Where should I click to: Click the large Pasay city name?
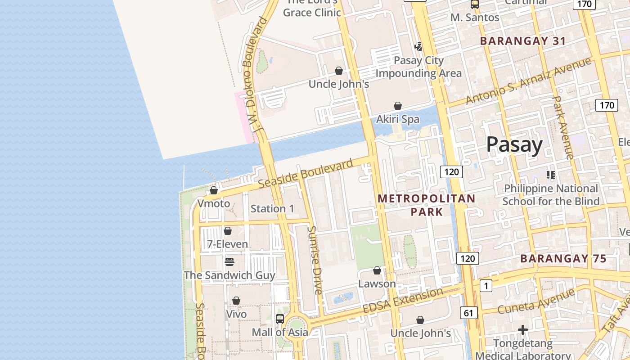pyautogui.click(x=514, y=145)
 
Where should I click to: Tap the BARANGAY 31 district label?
pyautogui.click(x=523, y=41)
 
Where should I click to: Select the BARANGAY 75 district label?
pyautogui.click(x=563, y=259)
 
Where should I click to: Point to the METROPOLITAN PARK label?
pyautogui.click(x=426, y=205)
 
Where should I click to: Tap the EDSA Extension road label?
pyautogui.click(x=403, y=301)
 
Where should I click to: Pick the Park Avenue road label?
pyautogui.click(x=562, y=127)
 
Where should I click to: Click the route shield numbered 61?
pyautogui.click(x=469, y=313)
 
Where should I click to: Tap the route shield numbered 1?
pyautogui.click(x=486, y=285)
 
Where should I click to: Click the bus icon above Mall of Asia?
pyautogui.click(x=280, y=319)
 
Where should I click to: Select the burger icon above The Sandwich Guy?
pyautogui.click(x=229, y=262)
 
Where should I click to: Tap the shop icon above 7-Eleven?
pyautogui.click(x=228, y=231)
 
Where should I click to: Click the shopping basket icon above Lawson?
pyautogui.click(x=377, y=270)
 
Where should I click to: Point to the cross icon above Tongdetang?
pyautogui.click(x=522, y=330)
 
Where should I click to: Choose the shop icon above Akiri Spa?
pyautogui.click(x=398, y=106)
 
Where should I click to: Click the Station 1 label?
pyautogui.click(x=272, y=209)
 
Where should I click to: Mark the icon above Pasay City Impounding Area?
pyautogui.click(x=418, y=46)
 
